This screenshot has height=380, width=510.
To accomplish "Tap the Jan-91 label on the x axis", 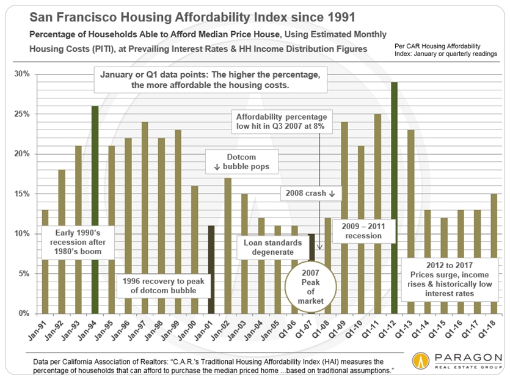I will [x=42, y=333].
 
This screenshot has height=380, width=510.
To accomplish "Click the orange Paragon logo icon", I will [x=419, y=360].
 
